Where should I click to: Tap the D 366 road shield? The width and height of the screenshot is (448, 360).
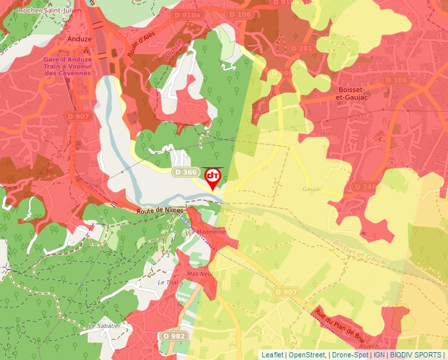(186, 172)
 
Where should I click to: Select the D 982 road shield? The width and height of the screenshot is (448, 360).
(173, 336)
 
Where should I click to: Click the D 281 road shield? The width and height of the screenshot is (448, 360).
(301, 48)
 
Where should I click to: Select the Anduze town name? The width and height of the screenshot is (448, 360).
(80, 39)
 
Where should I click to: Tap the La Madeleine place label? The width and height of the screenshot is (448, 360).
(206, 232)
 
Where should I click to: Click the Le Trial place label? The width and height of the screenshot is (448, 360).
(168, 282)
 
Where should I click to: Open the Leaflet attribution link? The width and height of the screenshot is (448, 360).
(272, 355)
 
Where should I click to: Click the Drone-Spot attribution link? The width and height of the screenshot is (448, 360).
(350, 355)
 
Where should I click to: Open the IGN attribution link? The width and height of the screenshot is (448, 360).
(379, 355)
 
